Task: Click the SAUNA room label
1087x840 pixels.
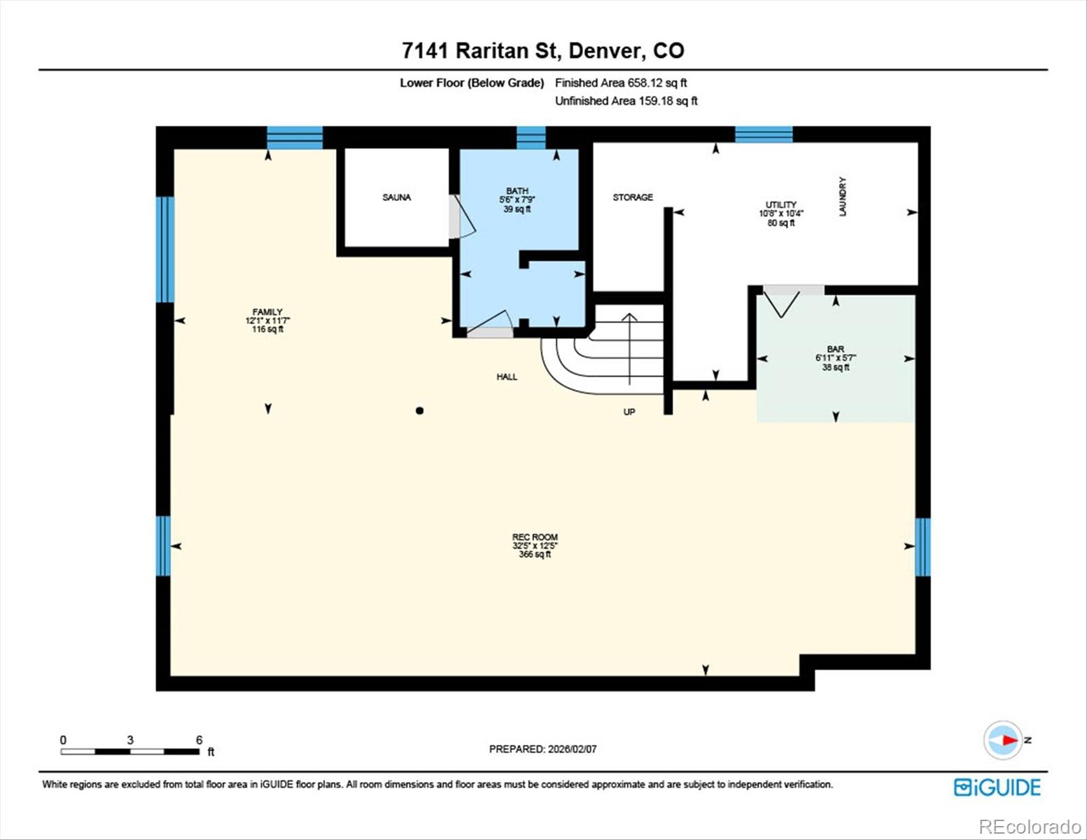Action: point(396,197)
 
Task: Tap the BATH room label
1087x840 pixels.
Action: point(517,191)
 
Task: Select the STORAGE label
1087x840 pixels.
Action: point(633,197)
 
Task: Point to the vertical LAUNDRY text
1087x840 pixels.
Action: point(843,197)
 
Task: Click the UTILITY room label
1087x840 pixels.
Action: point(781,205)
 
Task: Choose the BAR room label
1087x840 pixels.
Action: point(835,349)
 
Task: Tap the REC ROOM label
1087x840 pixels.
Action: point(535,538)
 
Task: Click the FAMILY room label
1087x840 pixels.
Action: point(267,312)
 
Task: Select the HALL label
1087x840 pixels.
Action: point(507,377)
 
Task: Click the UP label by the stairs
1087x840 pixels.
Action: point(629,412)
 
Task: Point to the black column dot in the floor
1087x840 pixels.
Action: point(419,411)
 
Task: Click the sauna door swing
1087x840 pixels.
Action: point(462,216)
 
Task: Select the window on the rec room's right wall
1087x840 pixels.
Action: point(923,546)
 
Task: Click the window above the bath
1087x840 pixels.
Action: point(531,137)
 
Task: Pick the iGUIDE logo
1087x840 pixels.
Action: point(997,787)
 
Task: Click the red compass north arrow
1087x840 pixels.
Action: point(1008,740)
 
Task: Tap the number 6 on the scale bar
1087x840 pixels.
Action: point(199,740)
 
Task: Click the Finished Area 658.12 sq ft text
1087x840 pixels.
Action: point(621,83)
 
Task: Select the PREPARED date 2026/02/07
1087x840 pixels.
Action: point(542,749)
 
